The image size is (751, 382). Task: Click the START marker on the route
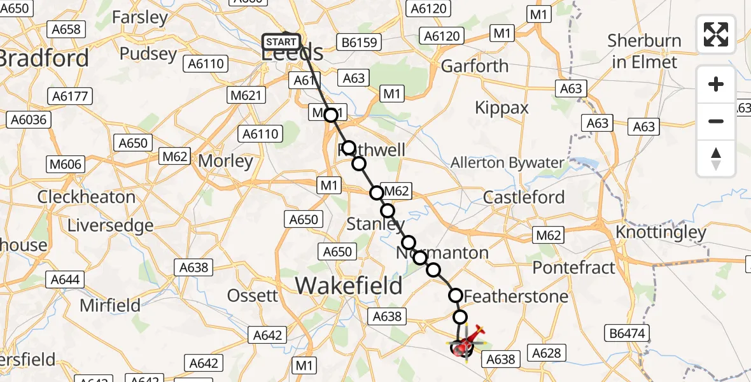281,42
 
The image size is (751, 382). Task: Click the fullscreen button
716,34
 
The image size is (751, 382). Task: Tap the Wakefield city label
349,286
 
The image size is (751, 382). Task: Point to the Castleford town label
524,197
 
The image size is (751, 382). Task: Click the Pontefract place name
574,267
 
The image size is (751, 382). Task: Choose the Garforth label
475,66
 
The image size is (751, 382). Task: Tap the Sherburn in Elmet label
643,52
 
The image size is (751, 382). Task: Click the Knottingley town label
661,232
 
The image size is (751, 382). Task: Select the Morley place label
226,161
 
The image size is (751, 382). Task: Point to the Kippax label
502,108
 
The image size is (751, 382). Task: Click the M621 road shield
245,95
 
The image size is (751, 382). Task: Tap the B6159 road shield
360,43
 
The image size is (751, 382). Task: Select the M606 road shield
66,164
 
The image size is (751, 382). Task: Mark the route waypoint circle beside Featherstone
456,295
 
